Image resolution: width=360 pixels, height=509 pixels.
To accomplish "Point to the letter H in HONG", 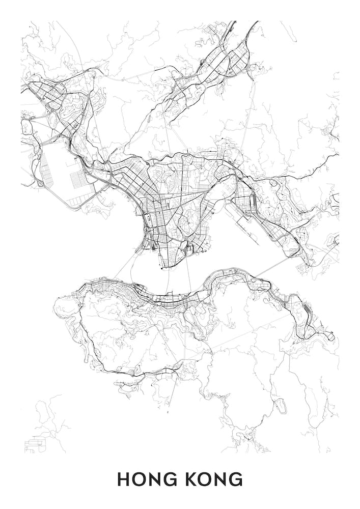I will point(124,479).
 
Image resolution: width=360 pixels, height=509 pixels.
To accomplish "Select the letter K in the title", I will point(189,479).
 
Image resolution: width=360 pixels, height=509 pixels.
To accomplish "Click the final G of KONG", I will point(236,479).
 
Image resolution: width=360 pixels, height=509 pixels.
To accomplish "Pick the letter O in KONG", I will point(204,479).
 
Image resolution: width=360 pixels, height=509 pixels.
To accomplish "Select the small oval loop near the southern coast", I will point(279,406).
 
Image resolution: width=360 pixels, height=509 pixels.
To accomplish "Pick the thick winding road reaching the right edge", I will point(306,173).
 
